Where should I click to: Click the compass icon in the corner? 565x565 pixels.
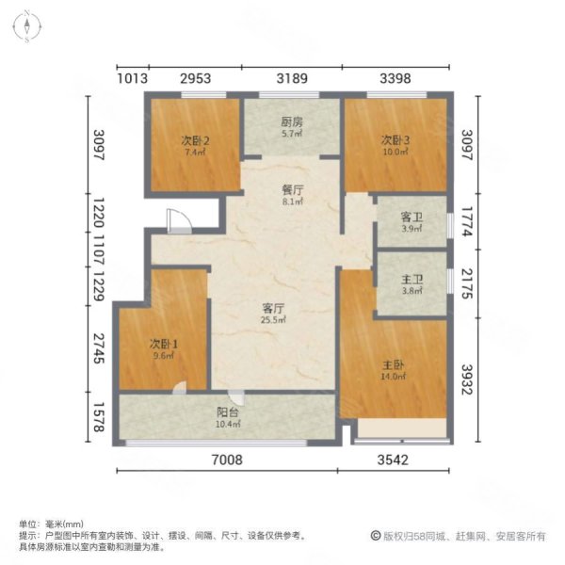(29, 24)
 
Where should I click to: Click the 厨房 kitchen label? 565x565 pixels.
(290, 121)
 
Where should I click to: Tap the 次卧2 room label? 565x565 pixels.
(195, 140)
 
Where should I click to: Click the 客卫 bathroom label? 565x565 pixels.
(412, 217)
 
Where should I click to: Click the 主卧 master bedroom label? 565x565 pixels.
(394, 364)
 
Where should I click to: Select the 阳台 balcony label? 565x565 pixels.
(228, 412)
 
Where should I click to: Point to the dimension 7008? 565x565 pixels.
(228, 460)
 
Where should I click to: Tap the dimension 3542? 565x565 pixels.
(399, 460)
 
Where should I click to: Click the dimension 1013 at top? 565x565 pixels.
(132, 79)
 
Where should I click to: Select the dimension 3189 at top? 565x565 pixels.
(290, 79)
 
